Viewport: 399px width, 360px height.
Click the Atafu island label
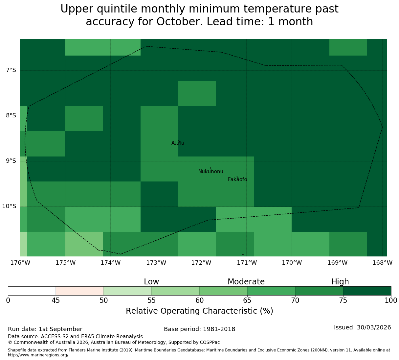(x=178, y=143)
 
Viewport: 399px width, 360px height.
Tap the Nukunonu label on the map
(x=211, y=171)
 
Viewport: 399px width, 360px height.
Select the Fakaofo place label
(x=237, y=179)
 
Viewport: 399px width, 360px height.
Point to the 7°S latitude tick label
(x=11, y=70)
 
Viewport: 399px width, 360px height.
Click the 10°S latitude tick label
(x=9, y=206)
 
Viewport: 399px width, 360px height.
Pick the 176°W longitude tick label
(x=20, y=263)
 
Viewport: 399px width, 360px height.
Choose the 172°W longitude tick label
(x=201, y=263)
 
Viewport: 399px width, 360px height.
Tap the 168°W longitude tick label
(x=382, y=263)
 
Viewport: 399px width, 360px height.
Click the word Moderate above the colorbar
(x=246, y=282)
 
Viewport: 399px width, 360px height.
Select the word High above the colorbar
(x=340, y=282)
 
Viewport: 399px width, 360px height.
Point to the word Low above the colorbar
(x=151, y=282)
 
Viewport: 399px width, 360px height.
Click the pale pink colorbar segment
(x=80, y=291)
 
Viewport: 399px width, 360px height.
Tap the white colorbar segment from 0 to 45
(x=32, y=291)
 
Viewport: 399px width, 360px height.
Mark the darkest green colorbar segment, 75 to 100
(x=367, y=291)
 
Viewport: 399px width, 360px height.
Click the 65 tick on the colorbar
(x=247, y=300)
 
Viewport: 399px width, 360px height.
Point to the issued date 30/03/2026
(x=374, y=327)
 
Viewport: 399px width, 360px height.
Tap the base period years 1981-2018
(x=219, y=329)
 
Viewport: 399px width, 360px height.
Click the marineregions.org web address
(x=39, y=355)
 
